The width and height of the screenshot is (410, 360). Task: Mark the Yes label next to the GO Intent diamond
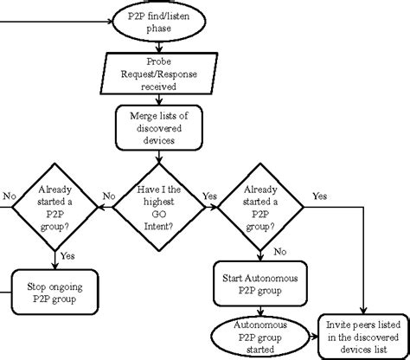coord(208,196)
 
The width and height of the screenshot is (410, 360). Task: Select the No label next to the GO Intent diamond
coord(109,196)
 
